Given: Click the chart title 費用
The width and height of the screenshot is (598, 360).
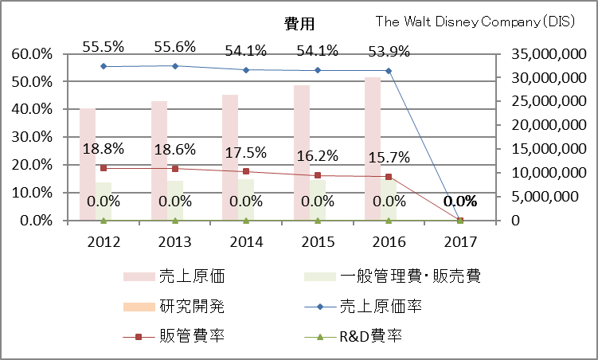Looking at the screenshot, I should pos(299,24).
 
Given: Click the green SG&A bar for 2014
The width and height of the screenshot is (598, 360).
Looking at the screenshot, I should pos(246,199).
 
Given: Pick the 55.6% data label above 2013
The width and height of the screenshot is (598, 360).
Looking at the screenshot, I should pos(175,47).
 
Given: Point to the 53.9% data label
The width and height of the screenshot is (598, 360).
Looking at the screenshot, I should pos(389,53).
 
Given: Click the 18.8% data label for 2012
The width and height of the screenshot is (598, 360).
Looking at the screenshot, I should pos(104,149).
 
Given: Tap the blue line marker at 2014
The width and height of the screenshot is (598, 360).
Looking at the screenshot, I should pos(246,70).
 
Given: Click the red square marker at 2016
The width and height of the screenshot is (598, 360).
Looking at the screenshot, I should pos(389,177).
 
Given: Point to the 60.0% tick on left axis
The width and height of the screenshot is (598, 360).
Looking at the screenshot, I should pos(31,54).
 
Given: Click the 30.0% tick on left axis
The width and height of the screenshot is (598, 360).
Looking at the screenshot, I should pos(31,137).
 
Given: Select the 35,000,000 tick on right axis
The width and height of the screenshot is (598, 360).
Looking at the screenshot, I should pos(539,54).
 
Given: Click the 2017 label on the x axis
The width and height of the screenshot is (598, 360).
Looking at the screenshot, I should pos(460,241).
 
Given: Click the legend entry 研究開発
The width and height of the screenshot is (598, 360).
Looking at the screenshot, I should pos(192,306).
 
